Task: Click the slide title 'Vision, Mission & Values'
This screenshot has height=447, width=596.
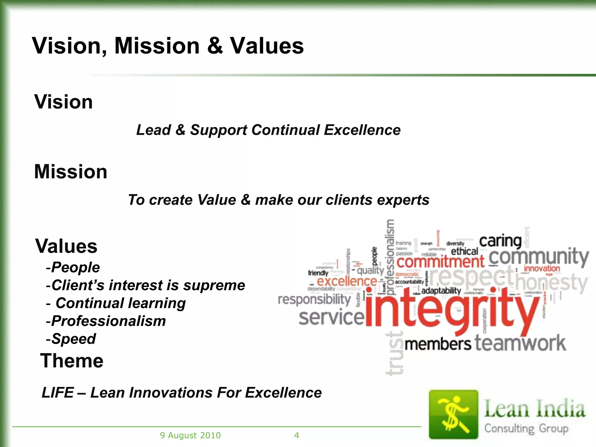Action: click(x=168, y=46)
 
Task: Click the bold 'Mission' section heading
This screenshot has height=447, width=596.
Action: click(x=71, y=172)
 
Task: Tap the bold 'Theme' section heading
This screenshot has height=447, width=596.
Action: click(x=72, y=361)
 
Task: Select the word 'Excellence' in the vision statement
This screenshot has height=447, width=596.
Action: click(x=362, y=130)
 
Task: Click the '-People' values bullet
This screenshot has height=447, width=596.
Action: click(x=73, y=267)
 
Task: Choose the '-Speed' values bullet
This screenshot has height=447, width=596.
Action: click(x=71, y=339)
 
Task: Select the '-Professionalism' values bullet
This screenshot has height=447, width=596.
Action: click(x=106, y=321)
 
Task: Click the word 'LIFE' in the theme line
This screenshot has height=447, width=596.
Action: click(x=58, y=393)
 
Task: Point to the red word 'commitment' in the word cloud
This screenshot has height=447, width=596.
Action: click(x=440, y=262)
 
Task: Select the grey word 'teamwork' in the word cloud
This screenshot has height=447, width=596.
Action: click(x=520, y=343)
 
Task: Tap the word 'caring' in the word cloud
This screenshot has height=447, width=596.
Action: click(x=500, y=241)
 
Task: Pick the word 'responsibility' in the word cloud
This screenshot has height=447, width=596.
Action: click(x=315, y=299)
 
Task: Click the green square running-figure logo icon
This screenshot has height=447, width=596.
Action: click(x=453, y=414)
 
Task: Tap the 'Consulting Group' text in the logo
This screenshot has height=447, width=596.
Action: click(x=526, y=428)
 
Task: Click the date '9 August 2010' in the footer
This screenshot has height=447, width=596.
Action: click(x=190, y=435)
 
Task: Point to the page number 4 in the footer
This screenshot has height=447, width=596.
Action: click(x=297, y=435)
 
